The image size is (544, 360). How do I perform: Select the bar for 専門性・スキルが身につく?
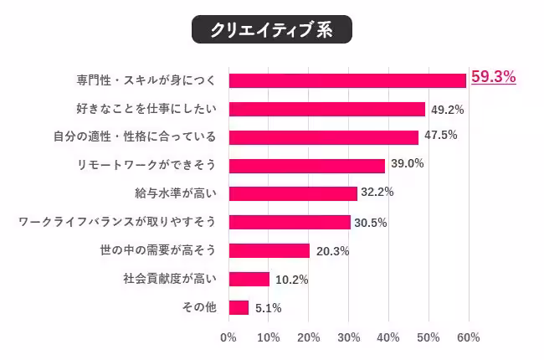pyautogui.click(x=346, y=80)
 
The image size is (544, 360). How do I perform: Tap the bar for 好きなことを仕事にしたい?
pyautogui.click(x=326, y=109)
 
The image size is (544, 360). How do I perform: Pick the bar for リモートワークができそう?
pyautogui.click(x=306, y=166)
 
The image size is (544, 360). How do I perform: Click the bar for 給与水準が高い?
pyautogui.click(x=292, y=193)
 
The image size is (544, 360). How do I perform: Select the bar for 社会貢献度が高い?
pyautogui.click(x=249, y=279)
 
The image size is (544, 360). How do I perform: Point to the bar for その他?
pyautogui.click(x=239, y=307)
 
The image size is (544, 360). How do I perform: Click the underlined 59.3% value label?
pyautogui.click(x=493, y=77)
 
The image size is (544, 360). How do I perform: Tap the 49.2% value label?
pyautogui.click(x=447, y=109)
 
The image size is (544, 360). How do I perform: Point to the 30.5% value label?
pyautogui.click(x=372, y=223)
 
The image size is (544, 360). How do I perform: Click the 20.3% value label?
pyautogui.click(x=331, y=251)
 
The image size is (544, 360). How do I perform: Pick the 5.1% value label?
pyautogui.click(x=267, y=308)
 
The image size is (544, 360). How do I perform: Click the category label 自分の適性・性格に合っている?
pyautogui.click(x=146, y=137)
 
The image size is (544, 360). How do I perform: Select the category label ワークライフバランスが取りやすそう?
pyautogui.click(x=117, y=222)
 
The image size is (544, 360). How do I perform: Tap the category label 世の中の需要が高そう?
pyautogui.click(x=157, y=250)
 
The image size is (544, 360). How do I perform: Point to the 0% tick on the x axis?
pyautogui.click(x=228, y=337)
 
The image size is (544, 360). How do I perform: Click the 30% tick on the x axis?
pyautogui.click(x=348, y=337)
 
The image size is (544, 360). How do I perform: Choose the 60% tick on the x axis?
pyautogui.click(x=468, y=337)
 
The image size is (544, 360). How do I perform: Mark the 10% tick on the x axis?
pyautogui.click(x=268, y=337)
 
